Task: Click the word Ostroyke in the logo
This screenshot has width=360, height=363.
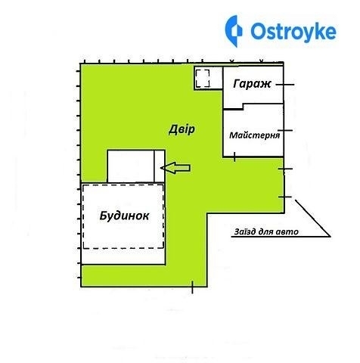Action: tap(293, 31)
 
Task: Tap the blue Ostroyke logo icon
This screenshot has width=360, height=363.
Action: tap(234, 31)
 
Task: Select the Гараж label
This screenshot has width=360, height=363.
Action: tap(252, 84)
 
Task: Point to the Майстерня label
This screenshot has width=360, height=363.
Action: tap(254, 135)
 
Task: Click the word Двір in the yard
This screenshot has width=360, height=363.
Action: tap(182, 129)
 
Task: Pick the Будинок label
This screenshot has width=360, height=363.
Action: tap(124, 216)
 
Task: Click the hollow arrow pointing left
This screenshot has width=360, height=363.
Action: tap(175, 168)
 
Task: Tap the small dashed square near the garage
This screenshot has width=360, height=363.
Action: tap(203, 79)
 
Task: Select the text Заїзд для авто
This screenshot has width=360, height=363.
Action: tap(266, 231)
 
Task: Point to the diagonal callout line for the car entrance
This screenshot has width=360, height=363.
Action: tap(312, 219)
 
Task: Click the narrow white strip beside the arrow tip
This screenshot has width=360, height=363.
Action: tap(160, 166)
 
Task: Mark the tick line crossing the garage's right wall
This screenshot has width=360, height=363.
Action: tap(285, 85)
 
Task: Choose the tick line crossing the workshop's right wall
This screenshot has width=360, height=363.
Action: tap(285, 131)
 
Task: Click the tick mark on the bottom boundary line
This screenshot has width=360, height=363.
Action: tap(192, 287)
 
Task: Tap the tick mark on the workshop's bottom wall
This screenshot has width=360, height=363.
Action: tap(234, 157)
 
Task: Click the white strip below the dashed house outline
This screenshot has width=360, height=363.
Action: tap(123, 256)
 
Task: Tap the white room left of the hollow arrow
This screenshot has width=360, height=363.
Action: tap(131, 166)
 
